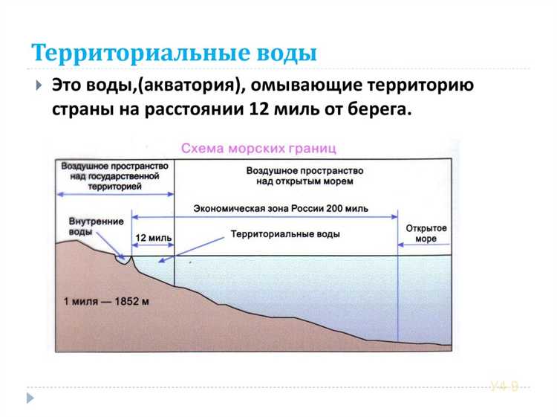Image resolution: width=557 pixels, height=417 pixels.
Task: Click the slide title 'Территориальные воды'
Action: (174, 54)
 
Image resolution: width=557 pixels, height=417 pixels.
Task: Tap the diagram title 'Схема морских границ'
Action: (259, 148)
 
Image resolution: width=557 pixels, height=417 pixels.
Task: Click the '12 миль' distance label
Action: (153, 239)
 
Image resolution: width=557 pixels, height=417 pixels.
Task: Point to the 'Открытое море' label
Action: (426, 233)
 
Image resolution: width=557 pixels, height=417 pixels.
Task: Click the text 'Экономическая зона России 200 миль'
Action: (281, 209)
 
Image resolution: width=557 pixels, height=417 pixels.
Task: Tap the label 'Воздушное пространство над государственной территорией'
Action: (114, 177)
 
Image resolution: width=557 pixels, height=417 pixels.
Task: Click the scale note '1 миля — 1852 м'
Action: (106, 302)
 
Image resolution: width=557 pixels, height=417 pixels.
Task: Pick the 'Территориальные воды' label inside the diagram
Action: (285, 233)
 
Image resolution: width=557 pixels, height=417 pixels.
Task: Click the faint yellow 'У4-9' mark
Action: (504, 385)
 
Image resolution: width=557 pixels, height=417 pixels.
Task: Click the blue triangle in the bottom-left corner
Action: (30, 398)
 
